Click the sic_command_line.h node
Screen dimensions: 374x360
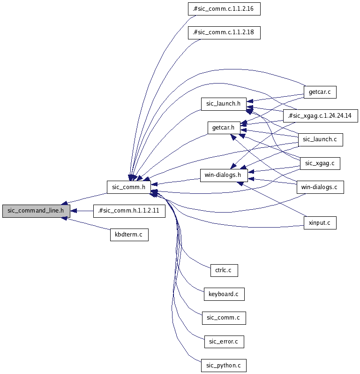[36, 211]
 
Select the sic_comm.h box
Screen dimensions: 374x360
[128, 187]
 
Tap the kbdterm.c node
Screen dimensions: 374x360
[129, 235]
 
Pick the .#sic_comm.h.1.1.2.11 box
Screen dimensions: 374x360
[128, 211]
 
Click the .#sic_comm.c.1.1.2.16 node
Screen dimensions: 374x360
[224, 8]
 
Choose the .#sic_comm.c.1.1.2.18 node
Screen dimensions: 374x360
[224, 32]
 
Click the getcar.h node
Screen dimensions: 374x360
[224, 128]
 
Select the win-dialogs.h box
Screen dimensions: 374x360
[224, 176]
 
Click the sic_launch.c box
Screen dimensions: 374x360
[320, 139]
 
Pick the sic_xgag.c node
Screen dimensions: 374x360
[320, 163]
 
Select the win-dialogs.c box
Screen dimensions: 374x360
[320, 187]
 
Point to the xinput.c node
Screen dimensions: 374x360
[320, 223]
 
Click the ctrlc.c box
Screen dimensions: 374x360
[224, 270]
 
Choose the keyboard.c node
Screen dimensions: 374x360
[224, 294]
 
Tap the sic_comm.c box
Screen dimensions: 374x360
[224, 318]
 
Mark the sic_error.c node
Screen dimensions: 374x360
[224, 342]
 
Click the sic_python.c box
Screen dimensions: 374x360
[224, 366]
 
